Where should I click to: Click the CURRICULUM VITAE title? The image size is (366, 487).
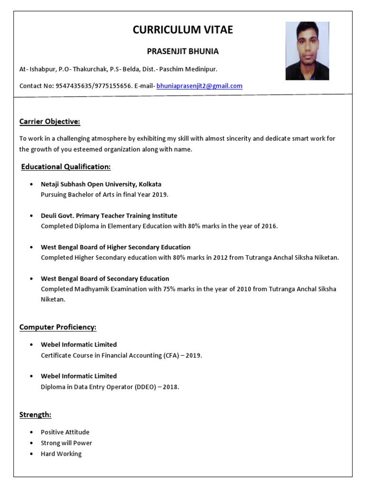pos(183,30)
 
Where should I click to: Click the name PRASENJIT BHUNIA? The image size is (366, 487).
pos(183,51)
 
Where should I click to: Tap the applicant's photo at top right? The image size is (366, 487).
pos(307,50)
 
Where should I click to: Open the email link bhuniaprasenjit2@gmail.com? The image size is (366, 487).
pos(199,86)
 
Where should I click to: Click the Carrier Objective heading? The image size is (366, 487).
pos(50,122)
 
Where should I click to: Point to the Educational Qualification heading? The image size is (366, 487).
pos(66,167)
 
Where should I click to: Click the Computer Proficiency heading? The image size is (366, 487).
pos(58,327)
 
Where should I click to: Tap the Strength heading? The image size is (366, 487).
pos(35,415)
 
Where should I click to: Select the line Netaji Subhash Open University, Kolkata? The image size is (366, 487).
pos(101,184)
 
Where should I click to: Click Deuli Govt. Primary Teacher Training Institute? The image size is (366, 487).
pos(109,215)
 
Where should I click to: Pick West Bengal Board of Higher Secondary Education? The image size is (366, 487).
pos(115,247)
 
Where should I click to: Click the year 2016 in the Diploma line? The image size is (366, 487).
pos(269,226)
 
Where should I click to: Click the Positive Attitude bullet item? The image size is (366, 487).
pos(65,432)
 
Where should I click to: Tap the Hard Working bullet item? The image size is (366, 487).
pos(61,454)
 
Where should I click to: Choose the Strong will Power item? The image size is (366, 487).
pos(66,443)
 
